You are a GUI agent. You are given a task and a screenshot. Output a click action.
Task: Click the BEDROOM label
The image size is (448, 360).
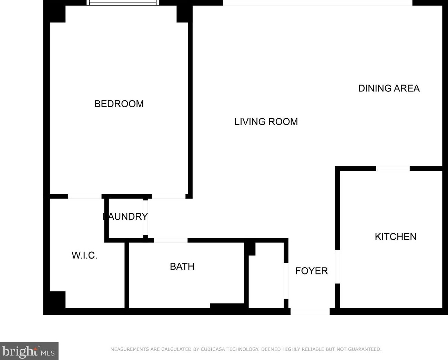coord(119,104)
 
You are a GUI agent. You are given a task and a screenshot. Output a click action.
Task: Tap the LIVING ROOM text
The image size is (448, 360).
coord(266,122)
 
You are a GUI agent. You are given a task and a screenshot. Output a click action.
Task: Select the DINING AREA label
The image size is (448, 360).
coord(389,88)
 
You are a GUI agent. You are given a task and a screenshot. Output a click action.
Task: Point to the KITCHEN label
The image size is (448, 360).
coord(395,237)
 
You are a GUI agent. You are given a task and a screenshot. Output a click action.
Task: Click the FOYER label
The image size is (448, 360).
coord(312,271)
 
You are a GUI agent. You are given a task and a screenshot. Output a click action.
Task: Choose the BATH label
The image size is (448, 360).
coord(182,267)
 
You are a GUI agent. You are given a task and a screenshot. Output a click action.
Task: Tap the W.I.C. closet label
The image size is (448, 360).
coord(84,256)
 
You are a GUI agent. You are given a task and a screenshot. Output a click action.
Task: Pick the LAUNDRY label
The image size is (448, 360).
coord(125,217)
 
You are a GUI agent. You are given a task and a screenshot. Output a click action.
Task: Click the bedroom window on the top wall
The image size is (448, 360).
coord(123,3)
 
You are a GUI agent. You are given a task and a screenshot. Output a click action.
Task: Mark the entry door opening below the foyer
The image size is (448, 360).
coord(310,312)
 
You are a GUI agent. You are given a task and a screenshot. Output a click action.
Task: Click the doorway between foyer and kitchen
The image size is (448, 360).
coord(337,267)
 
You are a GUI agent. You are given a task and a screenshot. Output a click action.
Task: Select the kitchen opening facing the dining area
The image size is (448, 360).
coord(393,169)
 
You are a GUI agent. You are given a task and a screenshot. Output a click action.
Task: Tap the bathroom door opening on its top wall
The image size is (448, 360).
coord(171,240)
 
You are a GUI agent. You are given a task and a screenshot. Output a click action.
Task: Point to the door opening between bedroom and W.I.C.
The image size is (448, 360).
coord(84,197)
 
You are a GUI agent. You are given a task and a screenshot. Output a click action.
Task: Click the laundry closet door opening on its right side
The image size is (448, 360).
coord(145,218)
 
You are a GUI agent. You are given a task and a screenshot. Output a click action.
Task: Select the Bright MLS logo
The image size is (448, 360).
coord(29,351)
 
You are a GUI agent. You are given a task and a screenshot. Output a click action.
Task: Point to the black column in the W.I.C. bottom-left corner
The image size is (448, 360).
coord(57,300)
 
